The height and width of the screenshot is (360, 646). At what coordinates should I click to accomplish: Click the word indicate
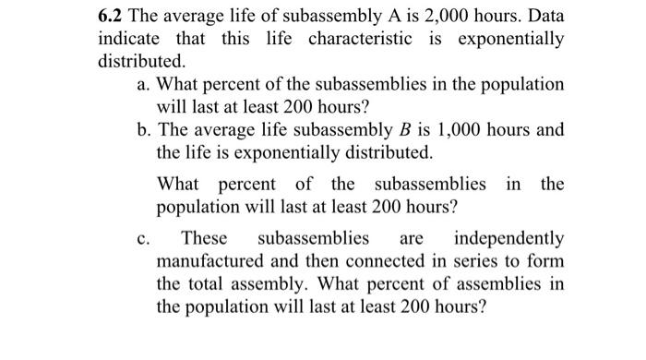[129, 41]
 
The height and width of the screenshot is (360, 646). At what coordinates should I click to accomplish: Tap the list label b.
[142, 129]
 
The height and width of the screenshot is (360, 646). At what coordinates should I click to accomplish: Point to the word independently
[508, 239]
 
